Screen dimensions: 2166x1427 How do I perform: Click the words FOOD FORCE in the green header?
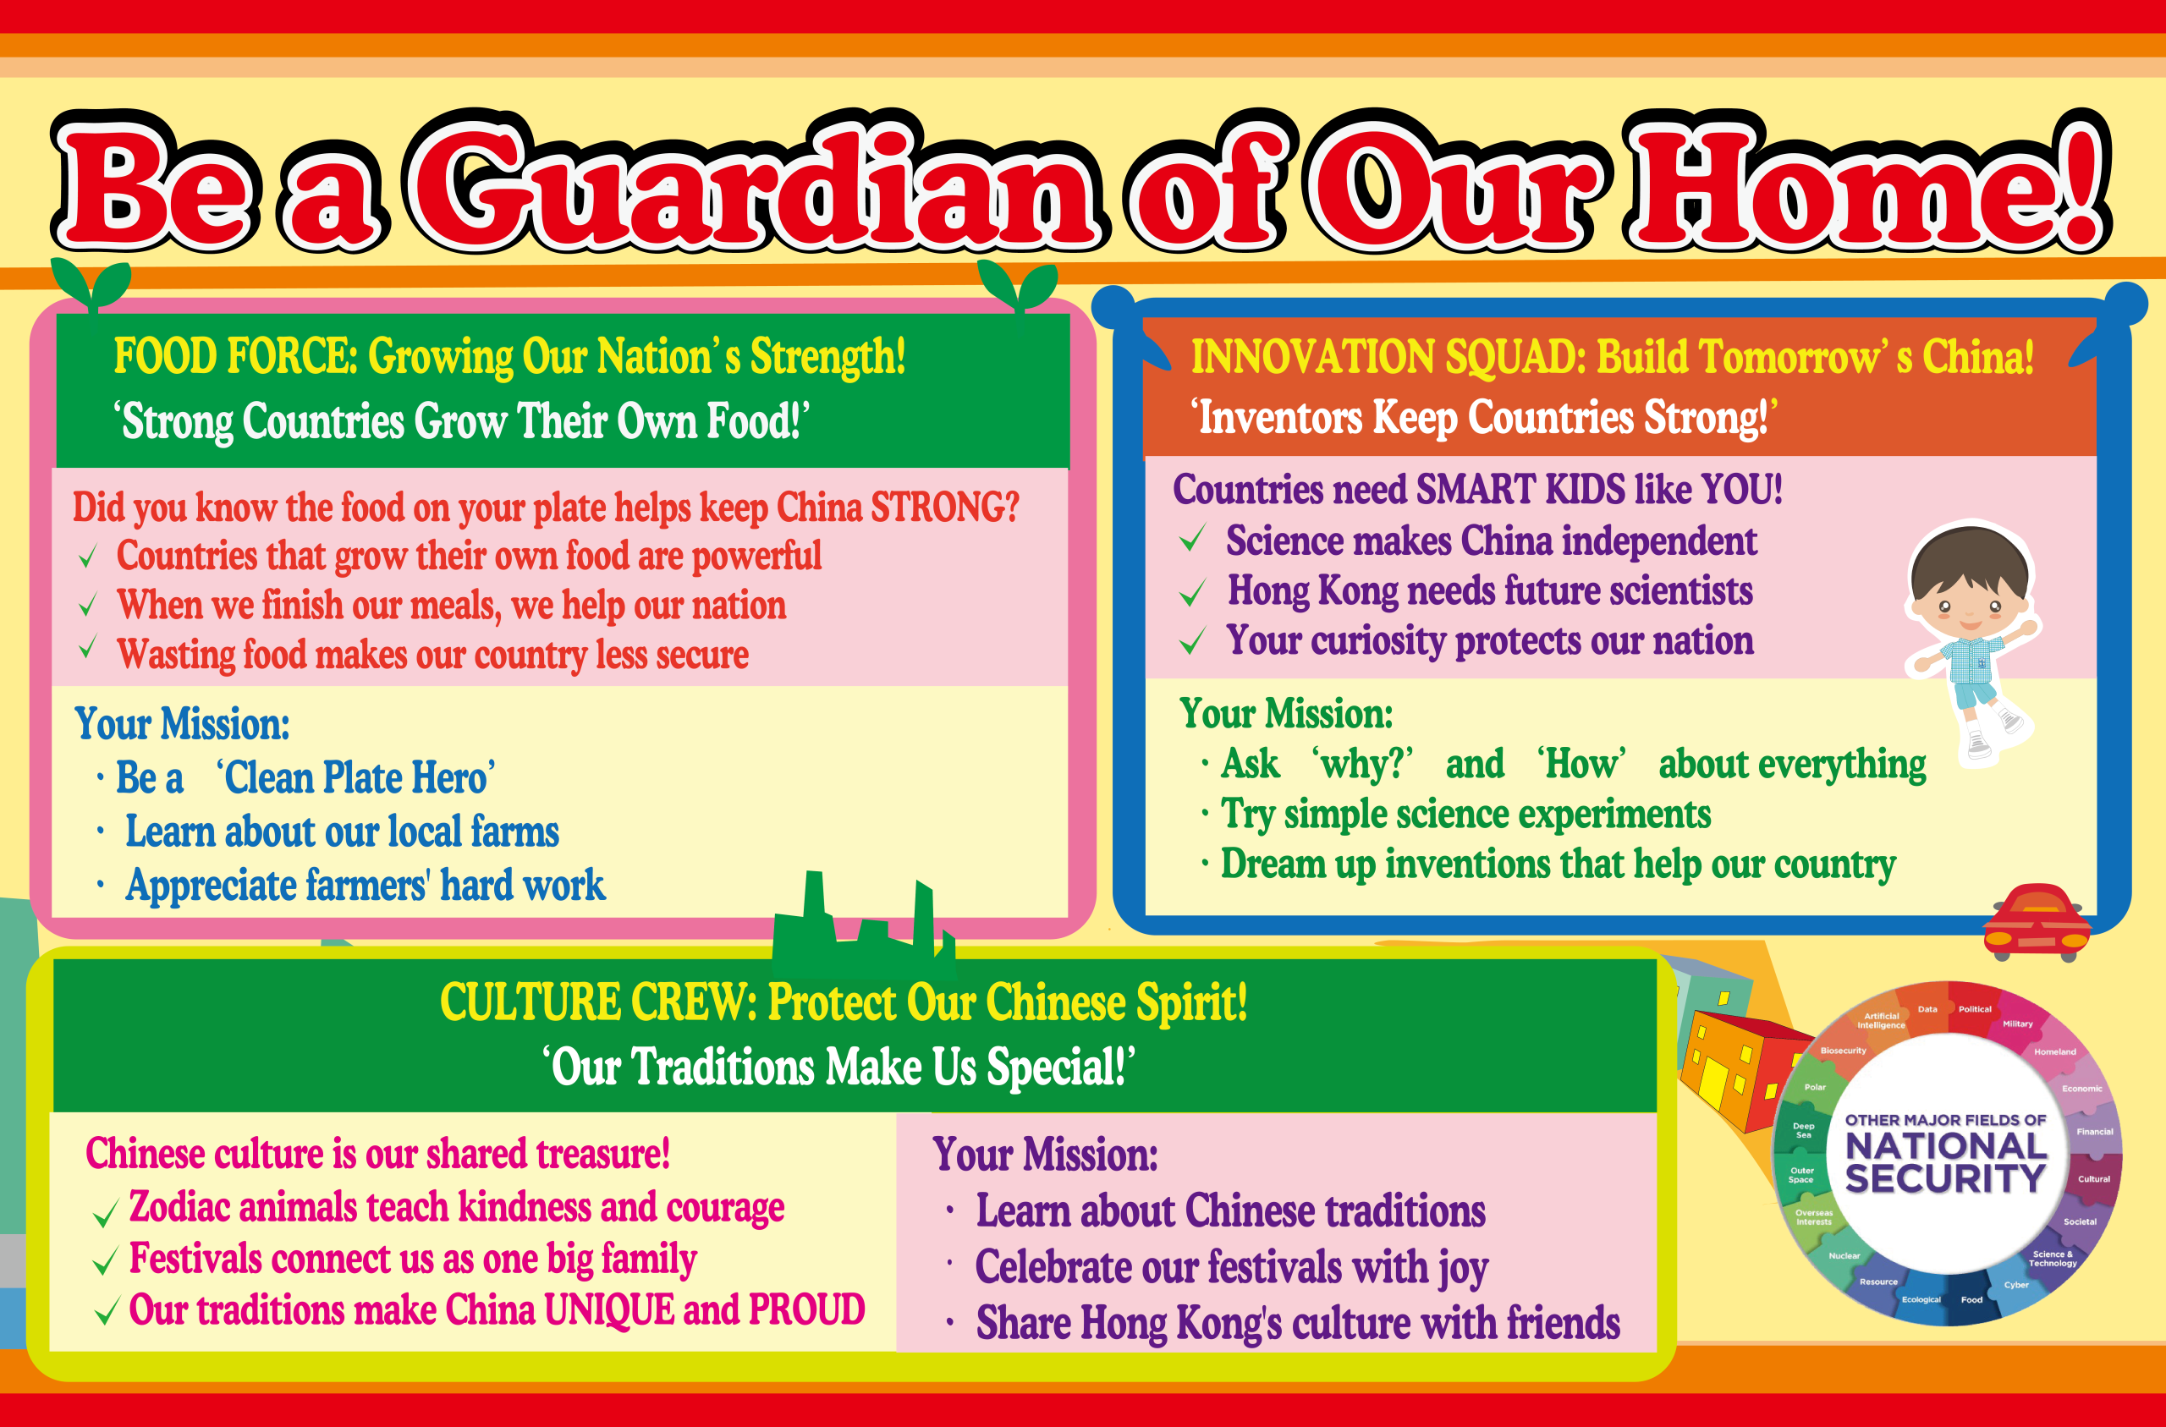tap(235, 356)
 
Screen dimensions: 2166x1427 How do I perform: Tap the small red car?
tap(2037, 922)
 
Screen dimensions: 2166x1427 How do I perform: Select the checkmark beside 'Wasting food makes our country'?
tap(88, 647)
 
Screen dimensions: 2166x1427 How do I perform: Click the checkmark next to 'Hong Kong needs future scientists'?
tap(1192, 592)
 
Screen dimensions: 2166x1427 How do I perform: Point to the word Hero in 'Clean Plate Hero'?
tap(453, 778)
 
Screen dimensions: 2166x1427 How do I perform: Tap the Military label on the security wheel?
tap(2018, 1024)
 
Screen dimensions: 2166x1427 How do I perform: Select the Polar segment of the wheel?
tap(1816, 1087)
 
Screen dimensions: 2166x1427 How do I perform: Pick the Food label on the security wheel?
tap(1971, 1299)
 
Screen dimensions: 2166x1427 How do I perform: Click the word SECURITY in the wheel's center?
tap(1945, 1178)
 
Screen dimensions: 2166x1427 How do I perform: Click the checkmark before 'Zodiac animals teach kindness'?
tap(106, 1213)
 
